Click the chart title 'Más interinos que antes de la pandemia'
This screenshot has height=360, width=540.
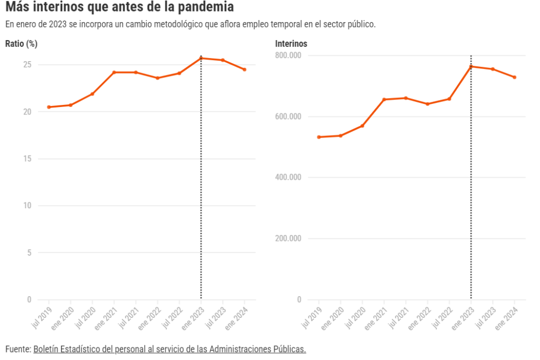[119, 8]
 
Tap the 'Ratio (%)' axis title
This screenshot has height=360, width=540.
[21, 44]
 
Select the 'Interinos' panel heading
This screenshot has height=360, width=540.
[291, 44]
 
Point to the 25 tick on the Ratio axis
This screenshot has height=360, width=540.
[27, 65]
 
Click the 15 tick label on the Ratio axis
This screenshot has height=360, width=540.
[27, 159]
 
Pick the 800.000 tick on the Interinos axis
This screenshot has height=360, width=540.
[288, 55]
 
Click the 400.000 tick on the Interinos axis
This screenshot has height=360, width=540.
[288, 177]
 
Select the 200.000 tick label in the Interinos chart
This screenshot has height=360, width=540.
[288, 238]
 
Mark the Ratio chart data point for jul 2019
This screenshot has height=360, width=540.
[49, 107]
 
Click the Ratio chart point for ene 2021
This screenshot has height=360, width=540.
[114, 72]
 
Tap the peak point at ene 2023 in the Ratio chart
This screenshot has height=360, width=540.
[201, 58]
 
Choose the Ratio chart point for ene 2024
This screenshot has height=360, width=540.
[245, 70]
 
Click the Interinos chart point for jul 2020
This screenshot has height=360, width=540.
[362, 126]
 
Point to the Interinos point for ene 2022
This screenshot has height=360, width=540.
[428, 104]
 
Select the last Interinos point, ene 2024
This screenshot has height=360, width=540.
[515, 77]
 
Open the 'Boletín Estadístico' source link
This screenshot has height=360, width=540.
[169, 349]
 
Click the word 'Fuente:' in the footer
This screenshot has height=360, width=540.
[18, 349]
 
